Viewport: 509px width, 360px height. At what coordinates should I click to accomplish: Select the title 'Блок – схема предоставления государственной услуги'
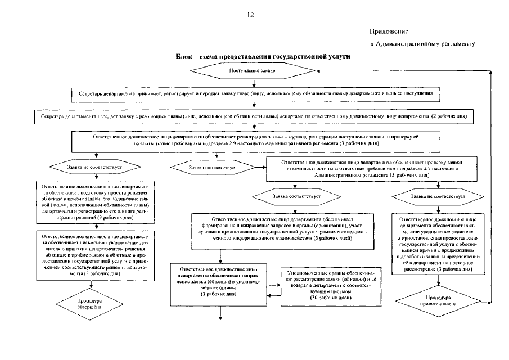[255, 57]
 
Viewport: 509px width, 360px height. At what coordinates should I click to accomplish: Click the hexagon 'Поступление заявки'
[253, 71]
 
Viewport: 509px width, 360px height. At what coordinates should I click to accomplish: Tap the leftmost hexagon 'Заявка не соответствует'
[94, 166]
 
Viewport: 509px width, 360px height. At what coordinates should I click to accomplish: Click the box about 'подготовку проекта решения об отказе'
[94, 200]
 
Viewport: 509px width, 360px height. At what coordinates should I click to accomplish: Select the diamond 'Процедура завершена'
[93, 304]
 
